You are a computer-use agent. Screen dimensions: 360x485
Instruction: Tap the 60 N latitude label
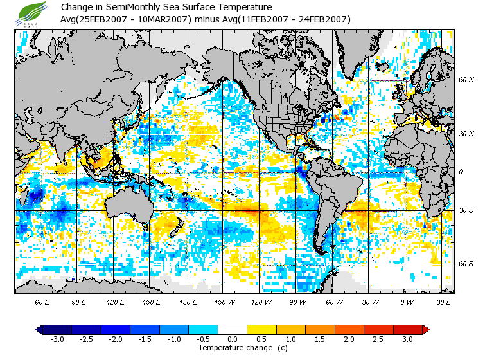(466, 80)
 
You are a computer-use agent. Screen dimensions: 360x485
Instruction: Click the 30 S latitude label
(466, 211)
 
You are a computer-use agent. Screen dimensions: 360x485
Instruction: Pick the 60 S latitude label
(466, 264)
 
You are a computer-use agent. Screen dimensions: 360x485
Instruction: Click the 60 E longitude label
(42, 301)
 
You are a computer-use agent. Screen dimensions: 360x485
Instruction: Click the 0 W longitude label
(407, 301)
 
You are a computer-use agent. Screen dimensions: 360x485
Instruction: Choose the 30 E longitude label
(444, 301)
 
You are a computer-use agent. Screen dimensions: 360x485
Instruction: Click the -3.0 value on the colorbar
(57, 339)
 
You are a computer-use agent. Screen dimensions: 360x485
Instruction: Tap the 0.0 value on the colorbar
(232, 339)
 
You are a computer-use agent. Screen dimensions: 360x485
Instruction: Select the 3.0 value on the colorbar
(407, 339)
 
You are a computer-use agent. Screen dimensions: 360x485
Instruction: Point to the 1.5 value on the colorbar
(320, 339)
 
